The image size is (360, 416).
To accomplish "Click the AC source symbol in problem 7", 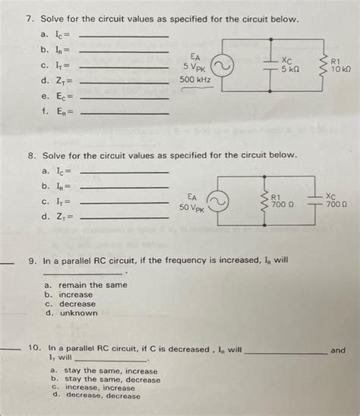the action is coord(226,68).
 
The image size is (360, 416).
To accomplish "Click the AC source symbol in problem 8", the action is coord(219,202).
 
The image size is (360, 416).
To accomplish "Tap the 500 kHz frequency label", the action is coord(195,80).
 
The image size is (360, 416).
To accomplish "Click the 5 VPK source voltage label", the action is coord(195,66).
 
